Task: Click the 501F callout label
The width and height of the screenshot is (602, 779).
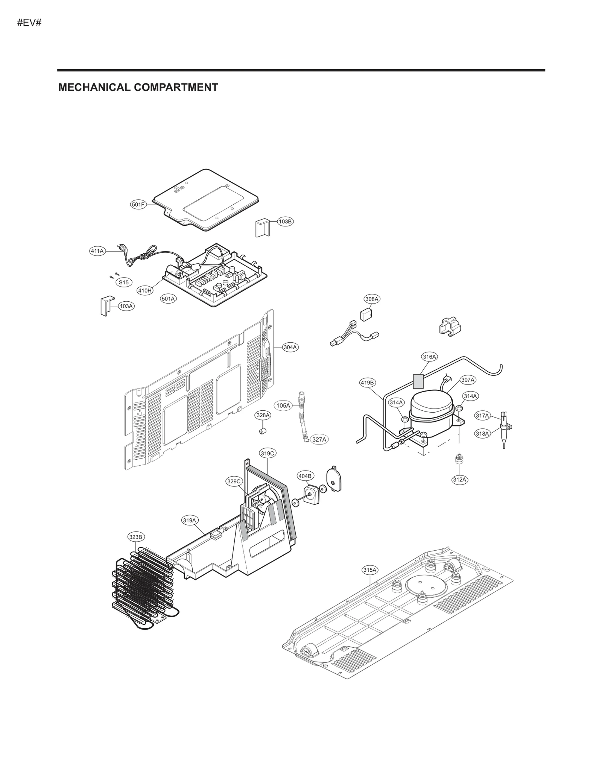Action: (x=138, y=205)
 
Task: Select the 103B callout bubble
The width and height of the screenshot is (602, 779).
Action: (x=285, y=222)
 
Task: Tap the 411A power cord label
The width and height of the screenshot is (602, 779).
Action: (x=97, y=251)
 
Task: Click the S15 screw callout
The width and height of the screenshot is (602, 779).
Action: (x=124, y=282)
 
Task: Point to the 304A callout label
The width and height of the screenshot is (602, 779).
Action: (x=290, y=347)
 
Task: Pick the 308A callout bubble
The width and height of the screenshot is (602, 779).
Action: (x=372, y=299)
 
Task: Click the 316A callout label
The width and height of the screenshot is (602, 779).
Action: (x=429, y=357)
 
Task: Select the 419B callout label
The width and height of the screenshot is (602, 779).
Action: (x=367, y=383)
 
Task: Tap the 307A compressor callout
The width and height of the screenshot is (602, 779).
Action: (x=468, y=380)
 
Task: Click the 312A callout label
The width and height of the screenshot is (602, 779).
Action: (x=459, y=480)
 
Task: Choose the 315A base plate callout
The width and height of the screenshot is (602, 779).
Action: (x=369, y=570)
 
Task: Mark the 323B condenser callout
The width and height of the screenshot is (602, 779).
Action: (x=135, y=537)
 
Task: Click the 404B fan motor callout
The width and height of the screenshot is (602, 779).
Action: (x=305, y=476)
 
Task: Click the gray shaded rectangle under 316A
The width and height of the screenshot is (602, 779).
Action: (x=418, y=381)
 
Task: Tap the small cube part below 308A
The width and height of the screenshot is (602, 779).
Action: (x=366, y=314)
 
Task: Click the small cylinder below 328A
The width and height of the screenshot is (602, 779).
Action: (x=263, y=430)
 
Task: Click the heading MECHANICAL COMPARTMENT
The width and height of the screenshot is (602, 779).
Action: (x=138, y=87)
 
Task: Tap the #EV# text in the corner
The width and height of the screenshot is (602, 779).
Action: (x=29, y=23)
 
